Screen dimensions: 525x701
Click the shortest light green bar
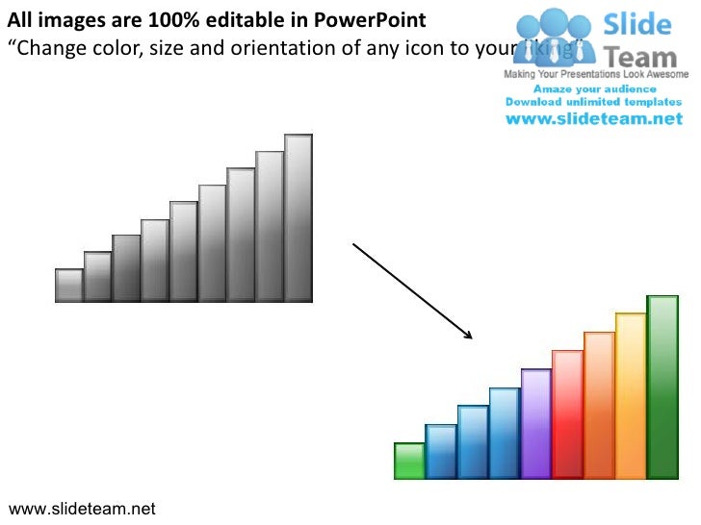tap(409, 461)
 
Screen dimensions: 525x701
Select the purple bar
tap(535, 423)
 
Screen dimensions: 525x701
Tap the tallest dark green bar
tap(662, 387)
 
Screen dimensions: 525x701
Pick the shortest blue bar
tap(441, 451)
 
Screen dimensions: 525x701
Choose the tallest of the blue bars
tap(505, 433)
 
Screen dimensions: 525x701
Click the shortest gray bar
tap(69, 285)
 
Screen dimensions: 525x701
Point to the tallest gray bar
tap(299, 217)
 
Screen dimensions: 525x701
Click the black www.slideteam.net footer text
tap(81, 509)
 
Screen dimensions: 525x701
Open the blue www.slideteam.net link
tap(594, 119)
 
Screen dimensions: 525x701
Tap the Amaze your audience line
tap(594, 88)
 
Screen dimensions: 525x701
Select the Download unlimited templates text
tap(594, 102)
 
